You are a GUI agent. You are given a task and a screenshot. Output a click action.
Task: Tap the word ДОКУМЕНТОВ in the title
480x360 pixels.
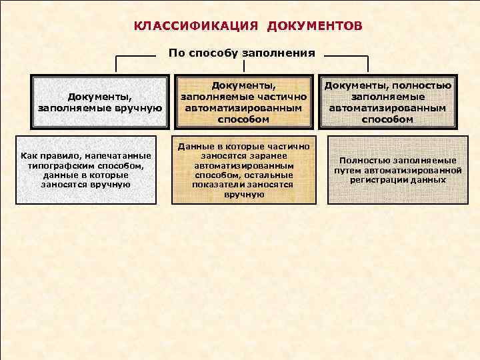click(x=315, y=27)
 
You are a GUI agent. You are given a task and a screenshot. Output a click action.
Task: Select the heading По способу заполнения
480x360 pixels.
click(x=241, y=53)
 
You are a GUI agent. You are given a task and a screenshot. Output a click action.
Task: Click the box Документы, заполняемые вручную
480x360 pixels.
click(x=100, y=101)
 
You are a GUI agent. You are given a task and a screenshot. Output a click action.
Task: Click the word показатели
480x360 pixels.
click(x=220, y=184)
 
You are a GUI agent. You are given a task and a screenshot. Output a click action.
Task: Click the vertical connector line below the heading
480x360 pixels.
click(x=243, y=67)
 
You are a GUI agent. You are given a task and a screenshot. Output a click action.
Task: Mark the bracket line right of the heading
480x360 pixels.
click(x=343, y=57)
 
